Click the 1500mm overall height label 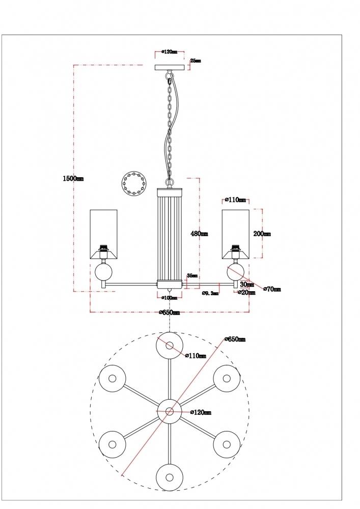tap(73, 179)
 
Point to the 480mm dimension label tap(199, 234)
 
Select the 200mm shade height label tap(262, 234)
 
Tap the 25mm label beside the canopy tap(195, 61)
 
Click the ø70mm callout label tap(272, 289)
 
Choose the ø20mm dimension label tap(247, 293)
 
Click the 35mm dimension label tap(192, 275)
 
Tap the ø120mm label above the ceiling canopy tap(169, 52)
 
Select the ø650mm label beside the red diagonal tap(235, 339)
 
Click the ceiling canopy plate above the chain tap(170, 68)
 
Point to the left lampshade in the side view tap(104, 234)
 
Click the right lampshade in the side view tap(235, 234)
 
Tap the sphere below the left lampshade tap(104, 272)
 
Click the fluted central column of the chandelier tap(170, 234)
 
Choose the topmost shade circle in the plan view tap(169, 346)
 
